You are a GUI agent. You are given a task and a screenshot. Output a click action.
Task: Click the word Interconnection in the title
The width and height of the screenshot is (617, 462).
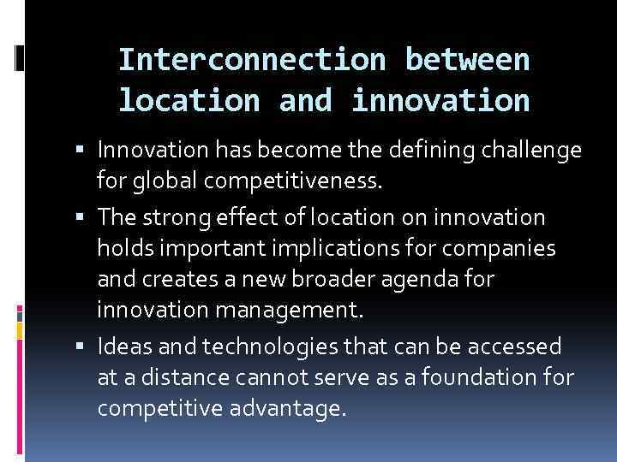click(x=254, y=60)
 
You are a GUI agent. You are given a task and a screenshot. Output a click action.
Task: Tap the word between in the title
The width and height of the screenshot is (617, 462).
click(x=468, y=60)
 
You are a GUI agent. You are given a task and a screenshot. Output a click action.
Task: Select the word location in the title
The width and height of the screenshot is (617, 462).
click(x=189, y=101)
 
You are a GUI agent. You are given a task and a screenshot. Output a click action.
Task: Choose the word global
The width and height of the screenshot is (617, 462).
click(x=164, y=180)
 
